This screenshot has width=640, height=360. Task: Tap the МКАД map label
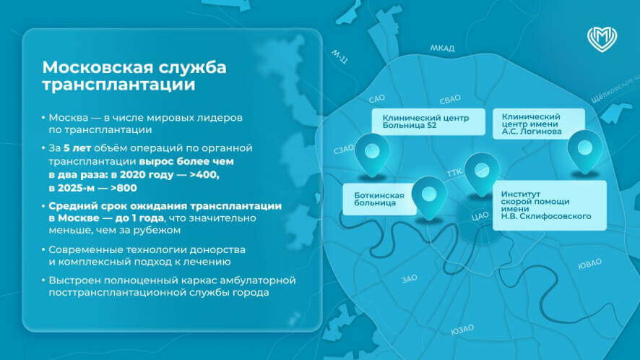click(x=442, y=48)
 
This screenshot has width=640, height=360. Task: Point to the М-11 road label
click(x=340, y=58)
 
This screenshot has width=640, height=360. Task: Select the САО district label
click(x=376, y=98)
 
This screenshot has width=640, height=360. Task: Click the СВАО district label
click(x=450, y=98)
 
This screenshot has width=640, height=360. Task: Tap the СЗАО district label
click(x=344, y=150)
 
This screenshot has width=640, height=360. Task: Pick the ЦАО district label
click(x=480, y=215)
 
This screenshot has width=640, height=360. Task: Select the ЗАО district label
click(x=410, y=278)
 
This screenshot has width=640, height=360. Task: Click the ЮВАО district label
click(x=589, y=263)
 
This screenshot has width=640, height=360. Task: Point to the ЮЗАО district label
click(x=462, y=329)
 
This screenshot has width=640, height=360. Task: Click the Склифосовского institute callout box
click(x=548, y=205)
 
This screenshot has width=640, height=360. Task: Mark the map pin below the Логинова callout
click(x=584, y=149)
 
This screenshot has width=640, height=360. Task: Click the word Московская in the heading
click(x=94, y=68)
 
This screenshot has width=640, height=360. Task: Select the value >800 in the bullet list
click(x=134, y=187)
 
